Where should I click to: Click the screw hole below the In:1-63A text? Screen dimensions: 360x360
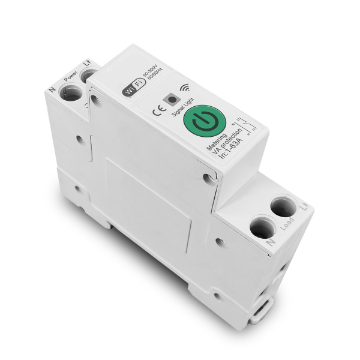[207, 177]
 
